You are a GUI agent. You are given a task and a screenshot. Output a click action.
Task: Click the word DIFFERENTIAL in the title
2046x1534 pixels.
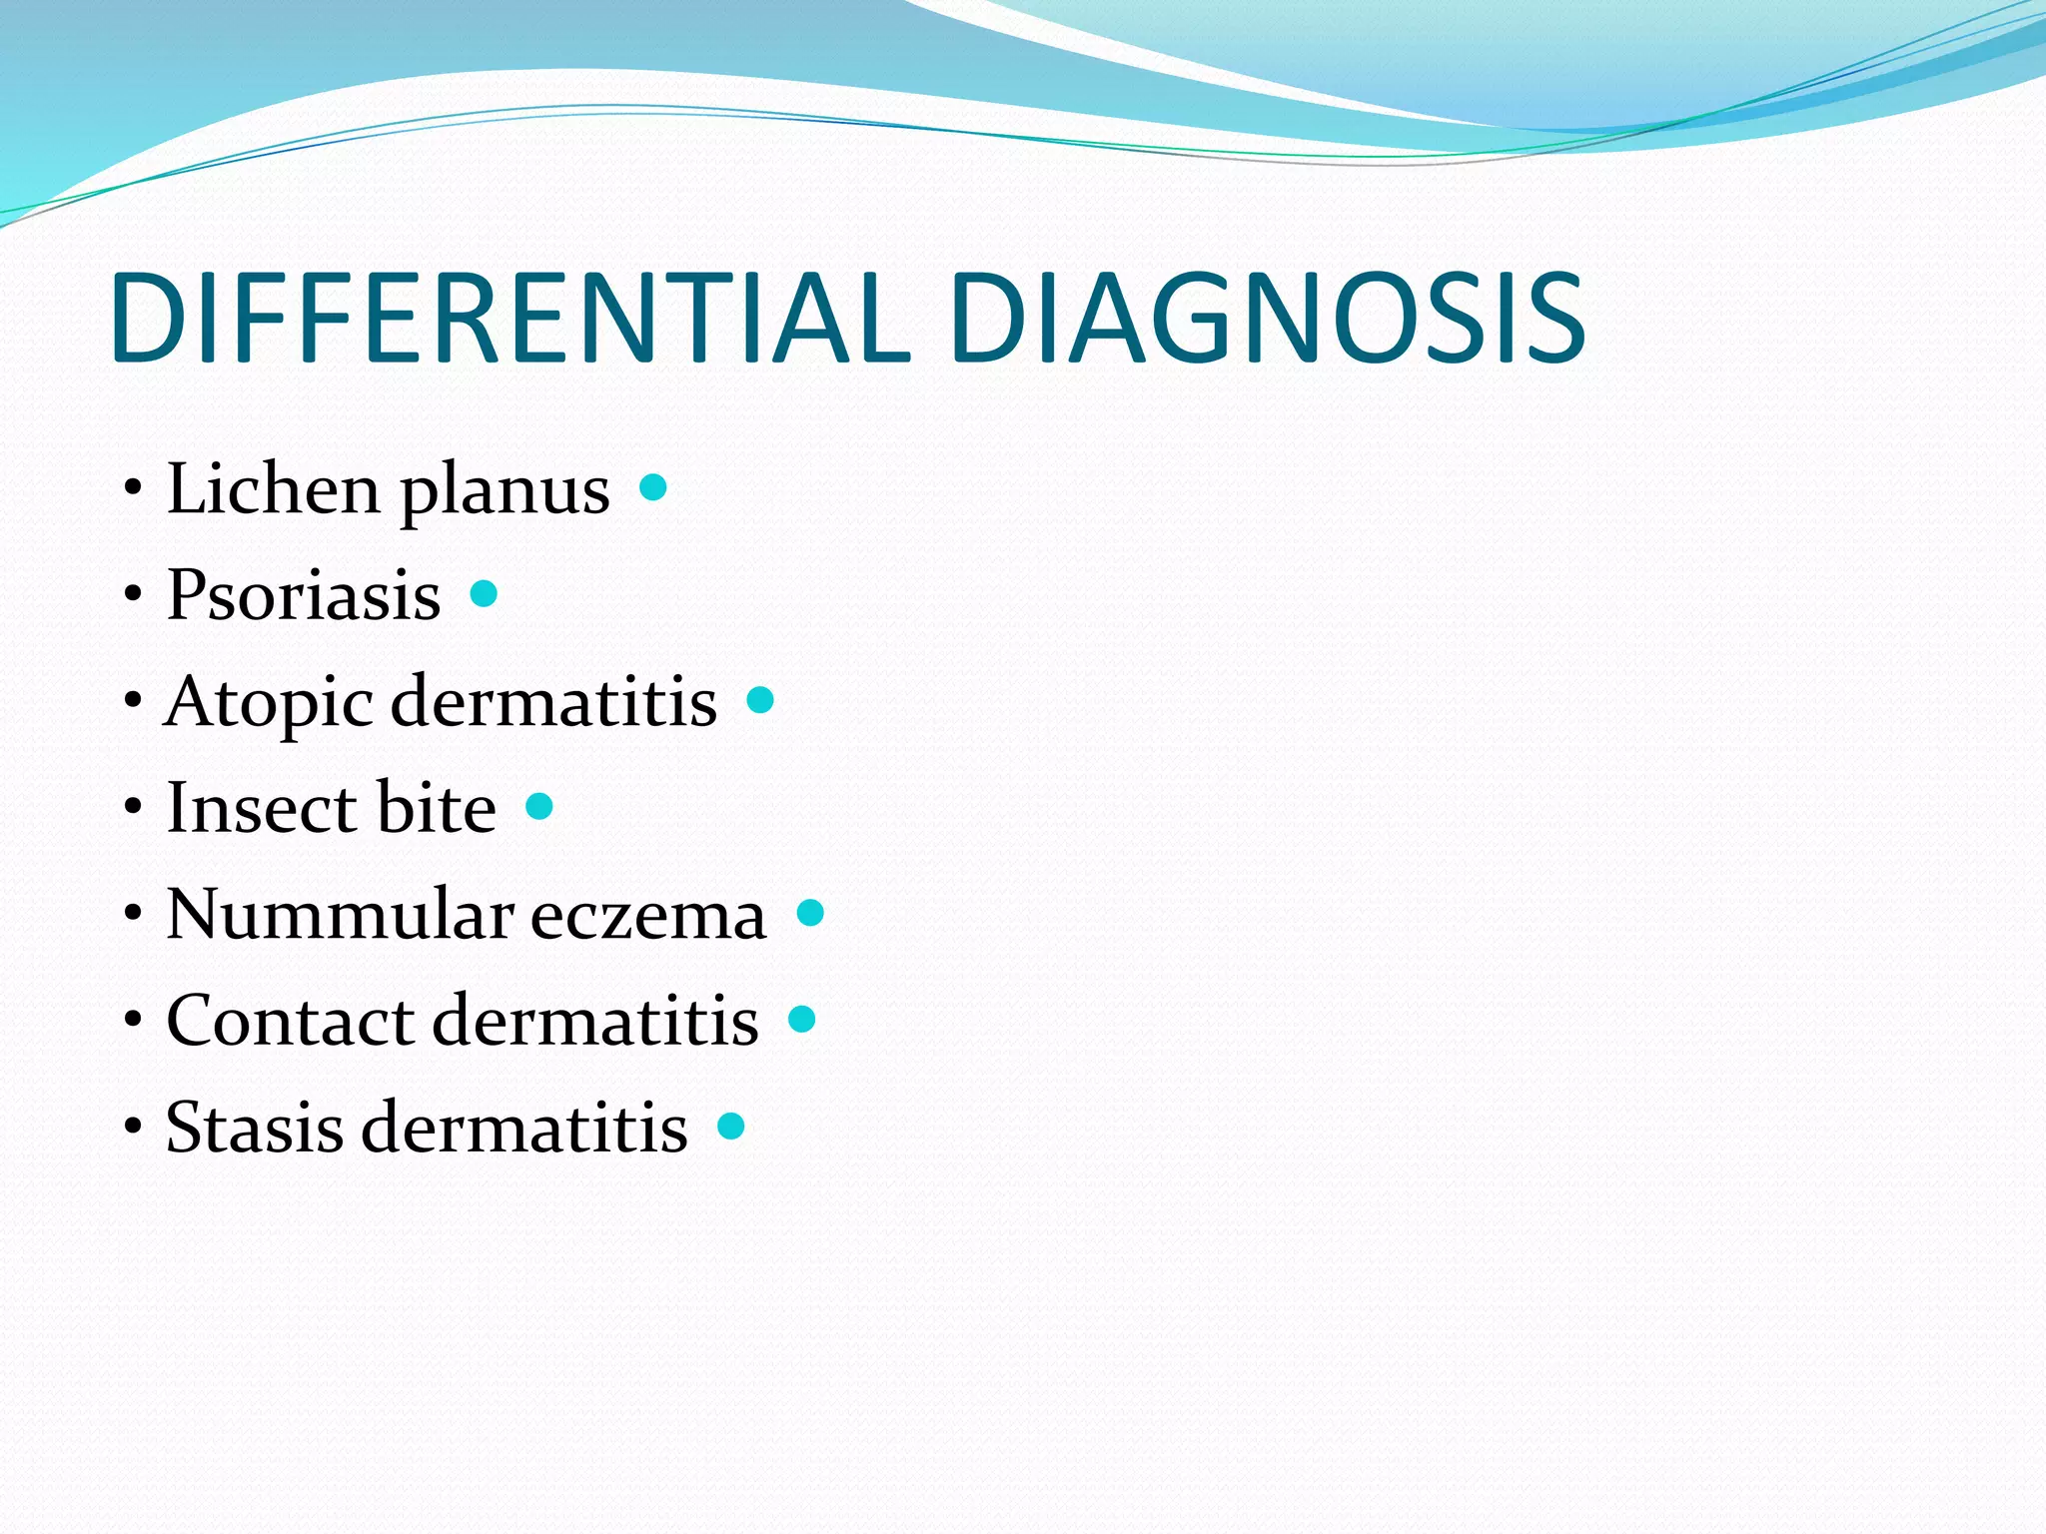point(511,318)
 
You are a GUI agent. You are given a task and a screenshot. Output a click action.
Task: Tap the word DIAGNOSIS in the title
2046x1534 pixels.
point(1267,318)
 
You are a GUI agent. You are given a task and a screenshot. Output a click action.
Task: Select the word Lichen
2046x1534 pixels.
point(273,489)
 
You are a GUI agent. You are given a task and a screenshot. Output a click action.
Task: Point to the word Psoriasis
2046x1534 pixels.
point(304,595)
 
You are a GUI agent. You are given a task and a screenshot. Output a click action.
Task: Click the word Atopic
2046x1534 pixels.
point(267,703)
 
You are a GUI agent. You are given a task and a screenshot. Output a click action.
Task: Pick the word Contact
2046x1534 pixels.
point(290,1021)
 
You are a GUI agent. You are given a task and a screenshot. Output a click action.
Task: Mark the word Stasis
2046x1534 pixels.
point(255,1128)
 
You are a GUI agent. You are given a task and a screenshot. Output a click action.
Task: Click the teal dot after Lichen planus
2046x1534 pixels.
point(653,487)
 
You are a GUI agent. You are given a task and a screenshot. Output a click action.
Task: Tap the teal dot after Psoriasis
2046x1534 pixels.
point(485,594)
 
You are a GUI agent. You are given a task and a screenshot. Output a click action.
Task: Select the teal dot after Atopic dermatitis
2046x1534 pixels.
point(761,700)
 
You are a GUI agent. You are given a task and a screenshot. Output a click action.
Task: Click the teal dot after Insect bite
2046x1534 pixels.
point(539,806)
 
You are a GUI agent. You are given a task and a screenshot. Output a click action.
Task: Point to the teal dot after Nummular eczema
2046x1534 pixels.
point(811,913)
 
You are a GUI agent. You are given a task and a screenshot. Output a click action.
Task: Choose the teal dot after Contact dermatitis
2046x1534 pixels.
point(802,1020)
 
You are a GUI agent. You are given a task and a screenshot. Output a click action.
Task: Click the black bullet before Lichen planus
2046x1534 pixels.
point(133,490)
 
